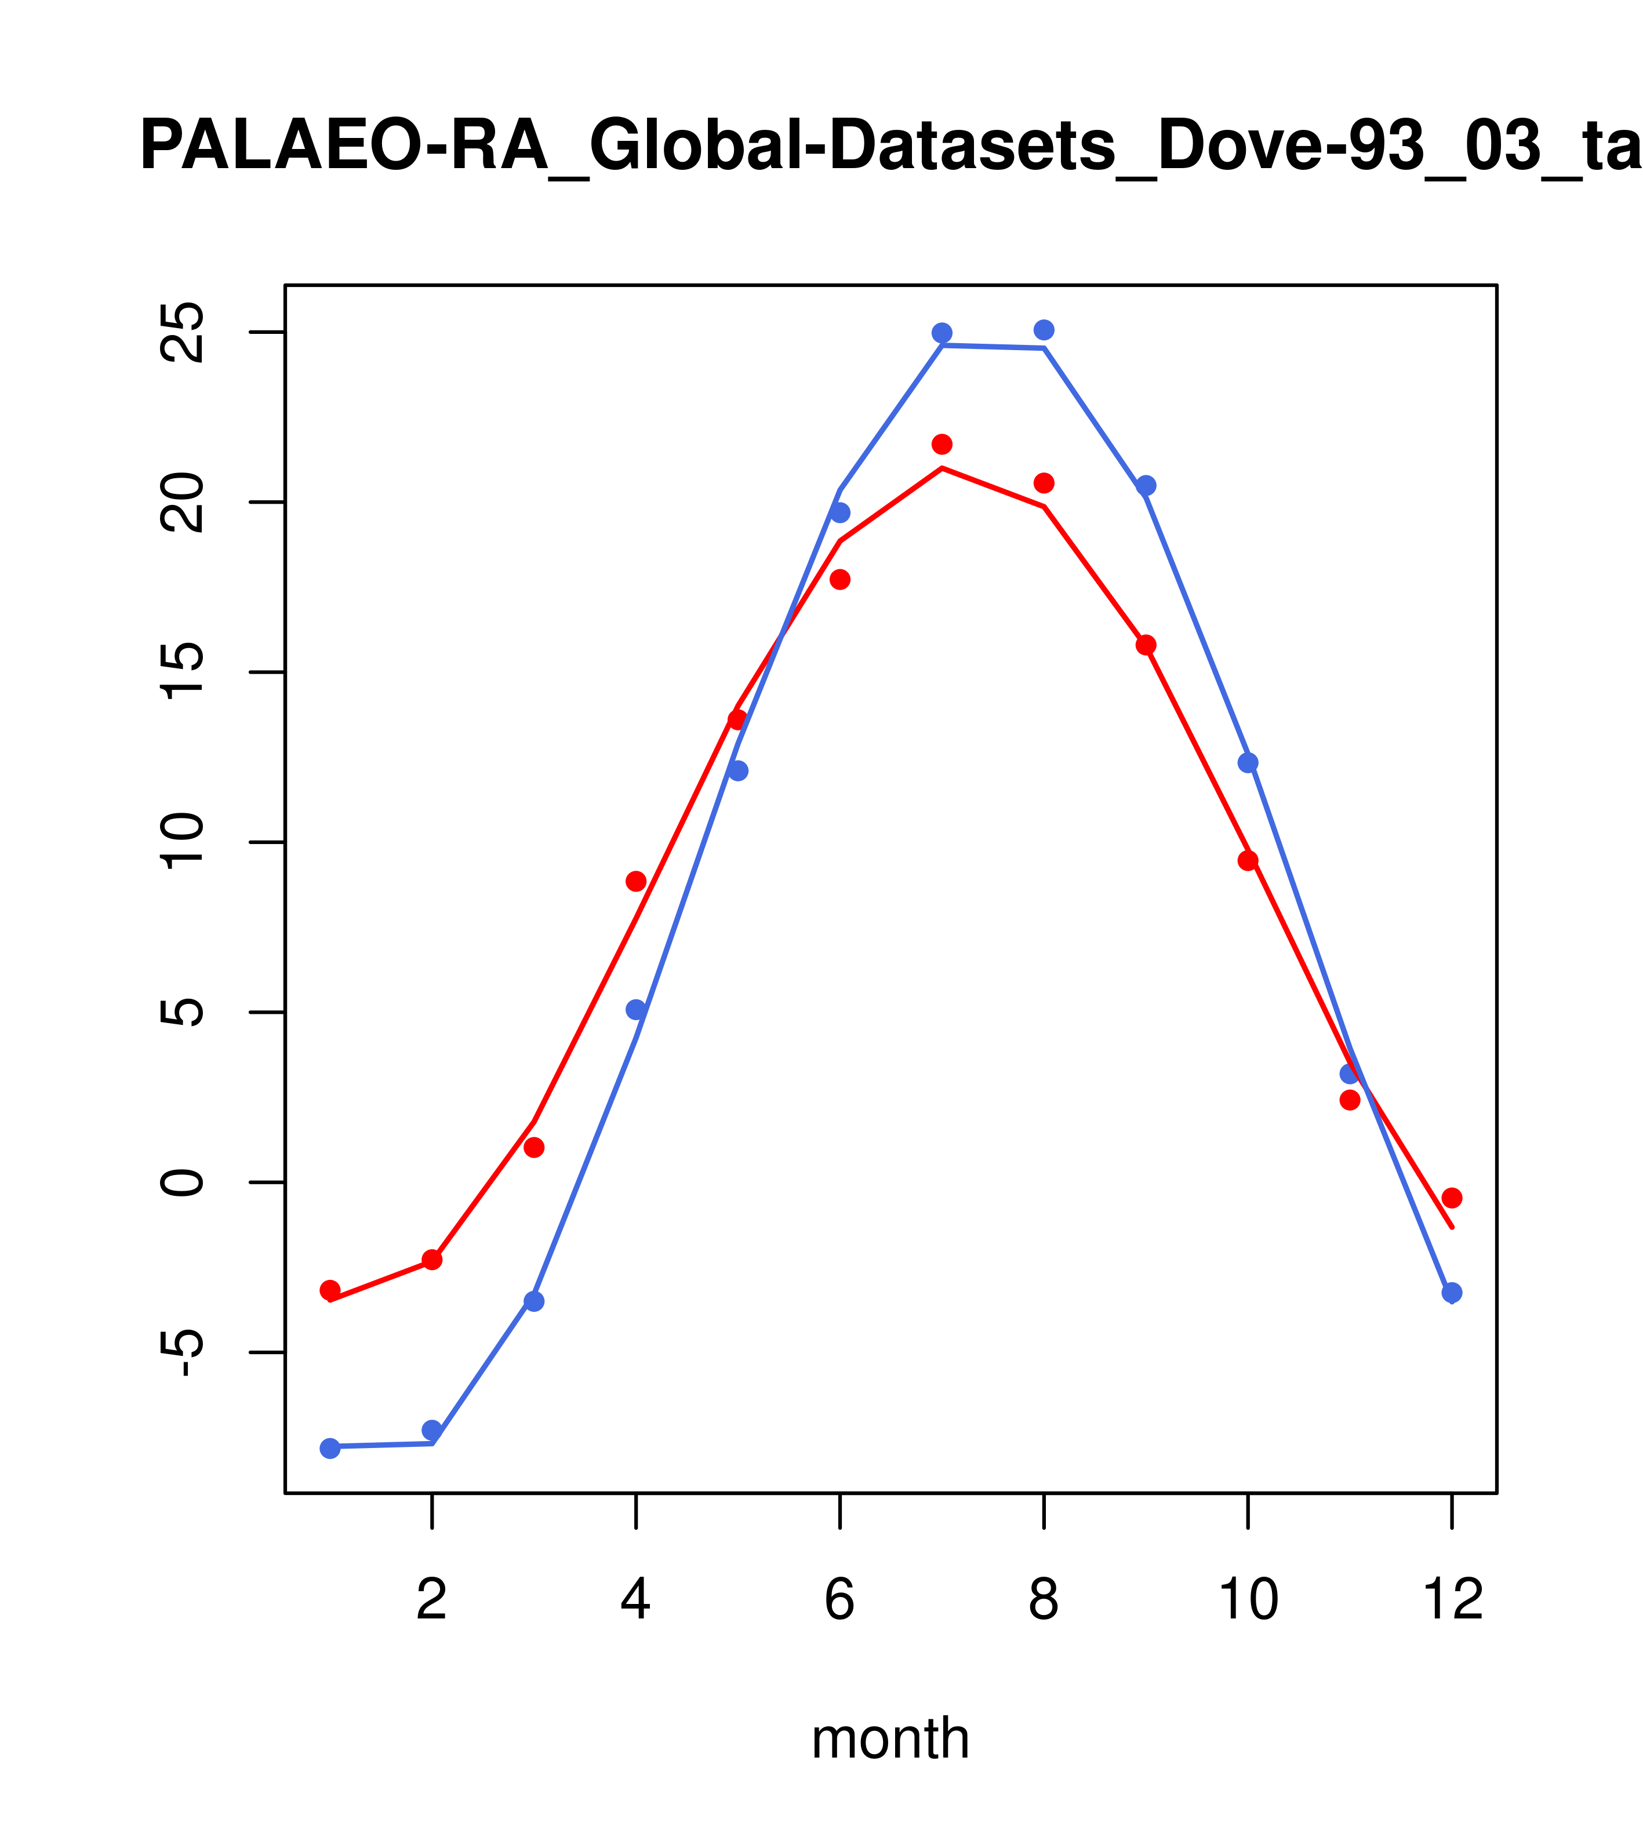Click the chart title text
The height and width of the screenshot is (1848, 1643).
tap(890, 147)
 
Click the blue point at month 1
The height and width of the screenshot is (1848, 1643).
tap(330, 1449)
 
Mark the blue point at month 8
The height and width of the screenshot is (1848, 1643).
tap(1044, 330)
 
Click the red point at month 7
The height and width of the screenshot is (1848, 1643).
tap(942, 444)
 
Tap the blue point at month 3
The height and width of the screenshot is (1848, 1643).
tap(535, 1301)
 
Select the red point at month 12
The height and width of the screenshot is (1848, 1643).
tap(1452, 1198)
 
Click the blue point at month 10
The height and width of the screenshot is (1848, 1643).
tap(1248, 762)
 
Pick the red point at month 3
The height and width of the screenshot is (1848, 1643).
tap(535, 1147)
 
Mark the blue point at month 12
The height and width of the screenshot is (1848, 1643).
tap(1452, 1293)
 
